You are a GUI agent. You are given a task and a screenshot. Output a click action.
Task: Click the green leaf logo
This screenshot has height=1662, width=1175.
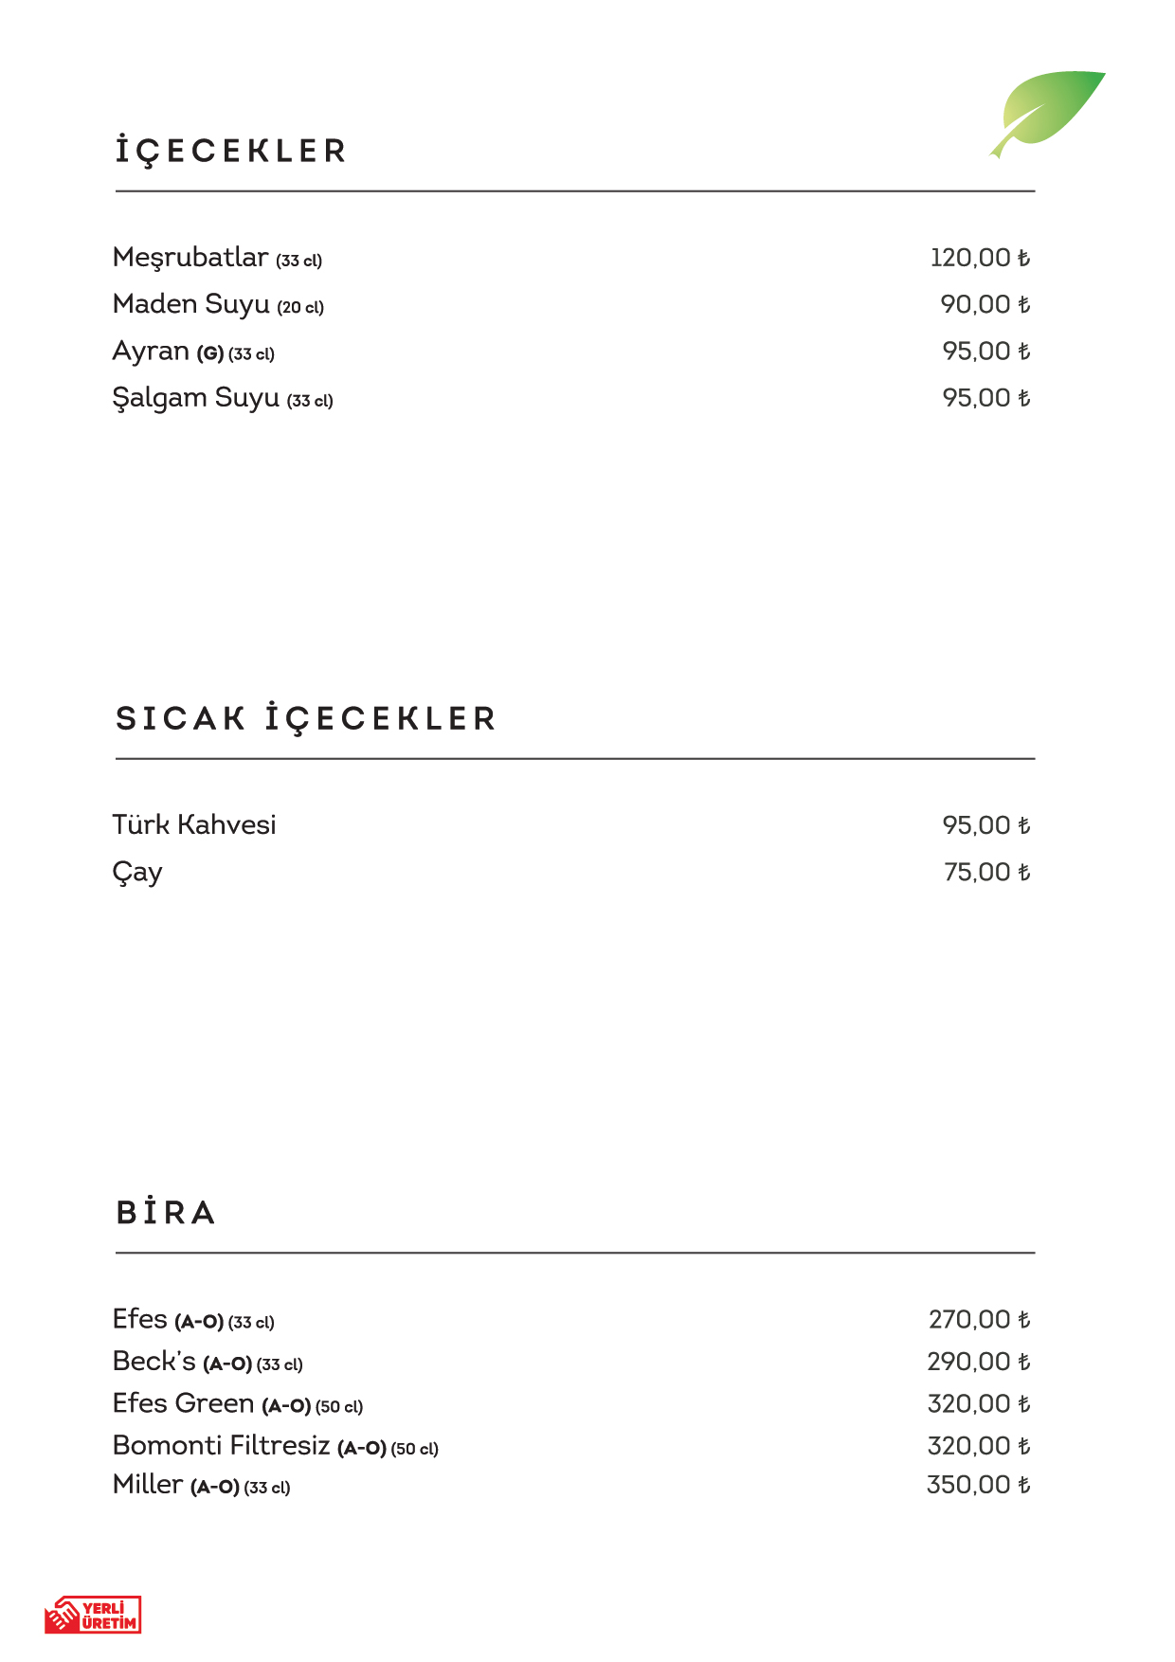click(x=1050, y=110)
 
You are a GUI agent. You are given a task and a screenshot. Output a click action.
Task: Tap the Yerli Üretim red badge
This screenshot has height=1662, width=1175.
click(x=93, y=1615)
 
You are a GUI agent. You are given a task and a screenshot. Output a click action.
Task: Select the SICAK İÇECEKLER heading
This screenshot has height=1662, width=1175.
click(x=305, y=719)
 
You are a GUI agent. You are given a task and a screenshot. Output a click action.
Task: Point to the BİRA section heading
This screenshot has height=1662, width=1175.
click(x=166, y=1213)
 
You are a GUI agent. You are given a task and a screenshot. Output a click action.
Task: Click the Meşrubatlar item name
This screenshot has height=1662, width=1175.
click(x=190, y=258)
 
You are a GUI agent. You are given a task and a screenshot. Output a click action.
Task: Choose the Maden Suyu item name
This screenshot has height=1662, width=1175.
click(x=191, y=304)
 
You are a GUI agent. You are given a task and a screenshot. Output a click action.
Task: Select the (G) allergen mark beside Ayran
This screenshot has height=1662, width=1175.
click(x=210, y=354)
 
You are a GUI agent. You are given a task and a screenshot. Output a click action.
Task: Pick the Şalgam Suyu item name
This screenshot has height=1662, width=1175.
click(x=196, y=398)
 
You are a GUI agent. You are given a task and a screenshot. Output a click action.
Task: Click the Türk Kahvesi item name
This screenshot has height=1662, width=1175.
click(x=194, y=824)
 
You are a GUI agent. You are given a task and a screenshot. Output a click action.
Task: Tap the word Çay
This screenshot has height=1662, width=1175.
click(x=137, y=872)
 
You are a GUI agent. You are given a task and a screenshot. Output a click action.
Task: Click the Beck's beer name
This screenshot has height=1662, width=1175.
click(x=154, y=1362)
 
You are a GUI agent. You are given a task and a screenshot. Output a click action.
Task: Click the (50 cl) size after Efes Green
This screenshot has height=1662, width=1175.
click(x=339, y=1407)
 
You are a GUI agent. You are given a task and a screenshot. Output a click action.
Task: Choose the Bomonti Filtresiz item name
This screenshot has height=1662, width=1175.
click(x=221, y=1446)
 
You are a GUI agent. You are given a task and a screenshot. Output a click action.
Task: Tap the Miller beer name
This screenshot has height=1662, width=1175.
click(x=147, y=1485)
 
